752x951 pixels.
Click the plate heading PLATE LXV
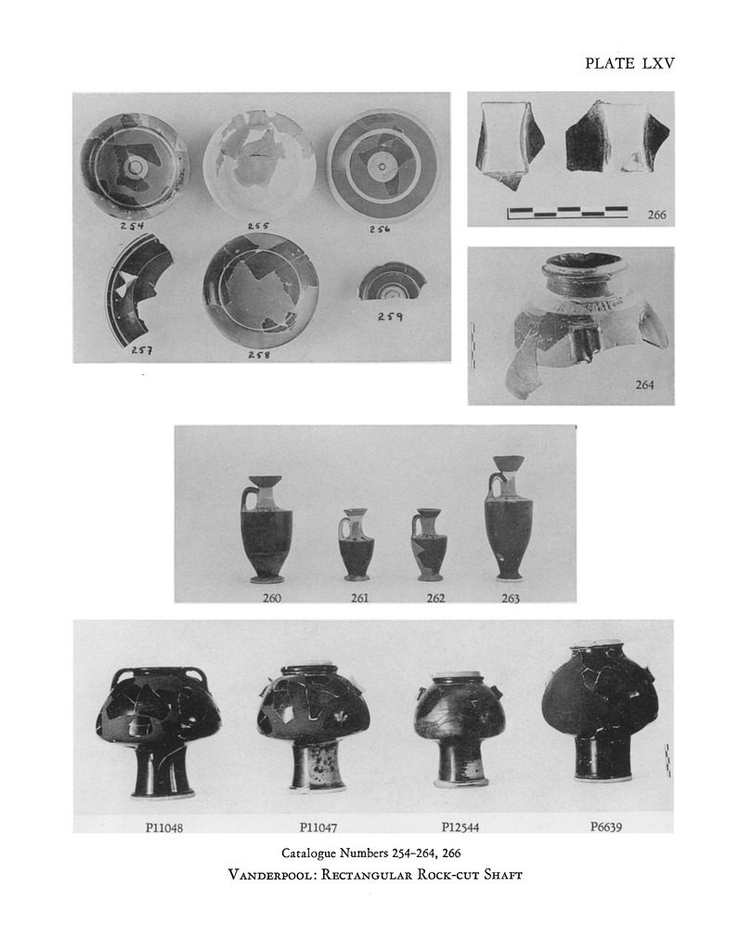[x=629, y=63]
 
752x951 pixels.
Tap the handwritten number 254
[x=132, y=226]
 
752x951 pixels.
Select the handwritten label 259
[x=390, y=317]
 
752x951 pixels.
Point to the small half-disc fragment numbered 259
[x=391, y=281]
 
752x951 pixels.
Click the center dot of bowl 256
[x=382, y=167]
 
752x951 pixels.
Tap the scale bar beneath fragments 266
[x=567, y=213]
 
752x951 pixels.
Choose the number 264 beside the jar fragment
[x=644, y=384]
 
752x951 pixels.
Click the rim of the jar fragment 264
[x=583, y=264]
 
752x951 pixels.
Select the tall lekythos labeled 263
[x=504, y=517]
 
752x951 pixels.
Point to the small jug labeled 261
[x=355, y=544]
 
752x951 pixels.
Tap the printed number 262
[x=435, y=598]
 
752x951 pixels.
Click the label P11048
[x=163, y=827]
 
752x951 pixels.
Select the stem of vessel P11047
[x=317, y=766]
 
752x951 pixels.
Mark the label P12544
[x=460, y=827]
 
